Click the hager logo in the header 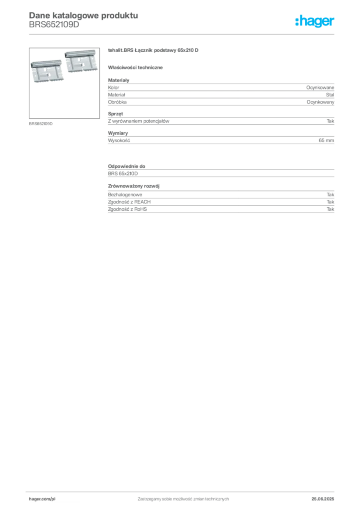pyautogui.click(x=315, y=21)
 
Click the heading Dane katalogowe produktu pyautogui.click(x=84, y=15)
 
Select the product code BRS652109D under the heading pyautogui.click(x=54, y=25)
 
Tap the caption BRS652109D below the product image pyautogui.click(x=41, y=124)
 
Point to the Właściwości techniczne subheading pyautogui.click(x=135, y=68)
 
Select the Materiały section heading pyautogui.click(x=118, y=80)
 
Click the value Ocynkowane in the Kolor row pyautogui.click(x=320, y=87)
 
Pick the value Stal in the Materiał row pyautogui.click(x=330, y=95)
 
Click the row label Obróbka pyautogui.click(x=117, y=102)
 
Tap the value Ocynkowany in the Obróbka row pyautogui.click(x=320, y=102)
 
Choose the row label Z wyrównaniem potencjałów pyautogui.click(x=139, y=121)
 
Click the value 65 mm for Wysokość pyautogui.click(x=326, y=141)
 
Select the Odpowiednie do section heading pyautogui.click(x=127, y=166)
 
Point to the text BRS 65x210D pyautogui.click(x=123, y=173)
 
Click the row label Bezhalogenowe pyautogui.click(x=125, y=195)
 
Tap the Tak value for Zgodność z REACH pyautogui.click(x=330, y=202)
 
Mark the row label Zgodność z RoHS pyautogui.click(x=127, y=209)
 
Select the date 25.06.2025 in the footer pyautogui.click(x=323, y=499)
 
